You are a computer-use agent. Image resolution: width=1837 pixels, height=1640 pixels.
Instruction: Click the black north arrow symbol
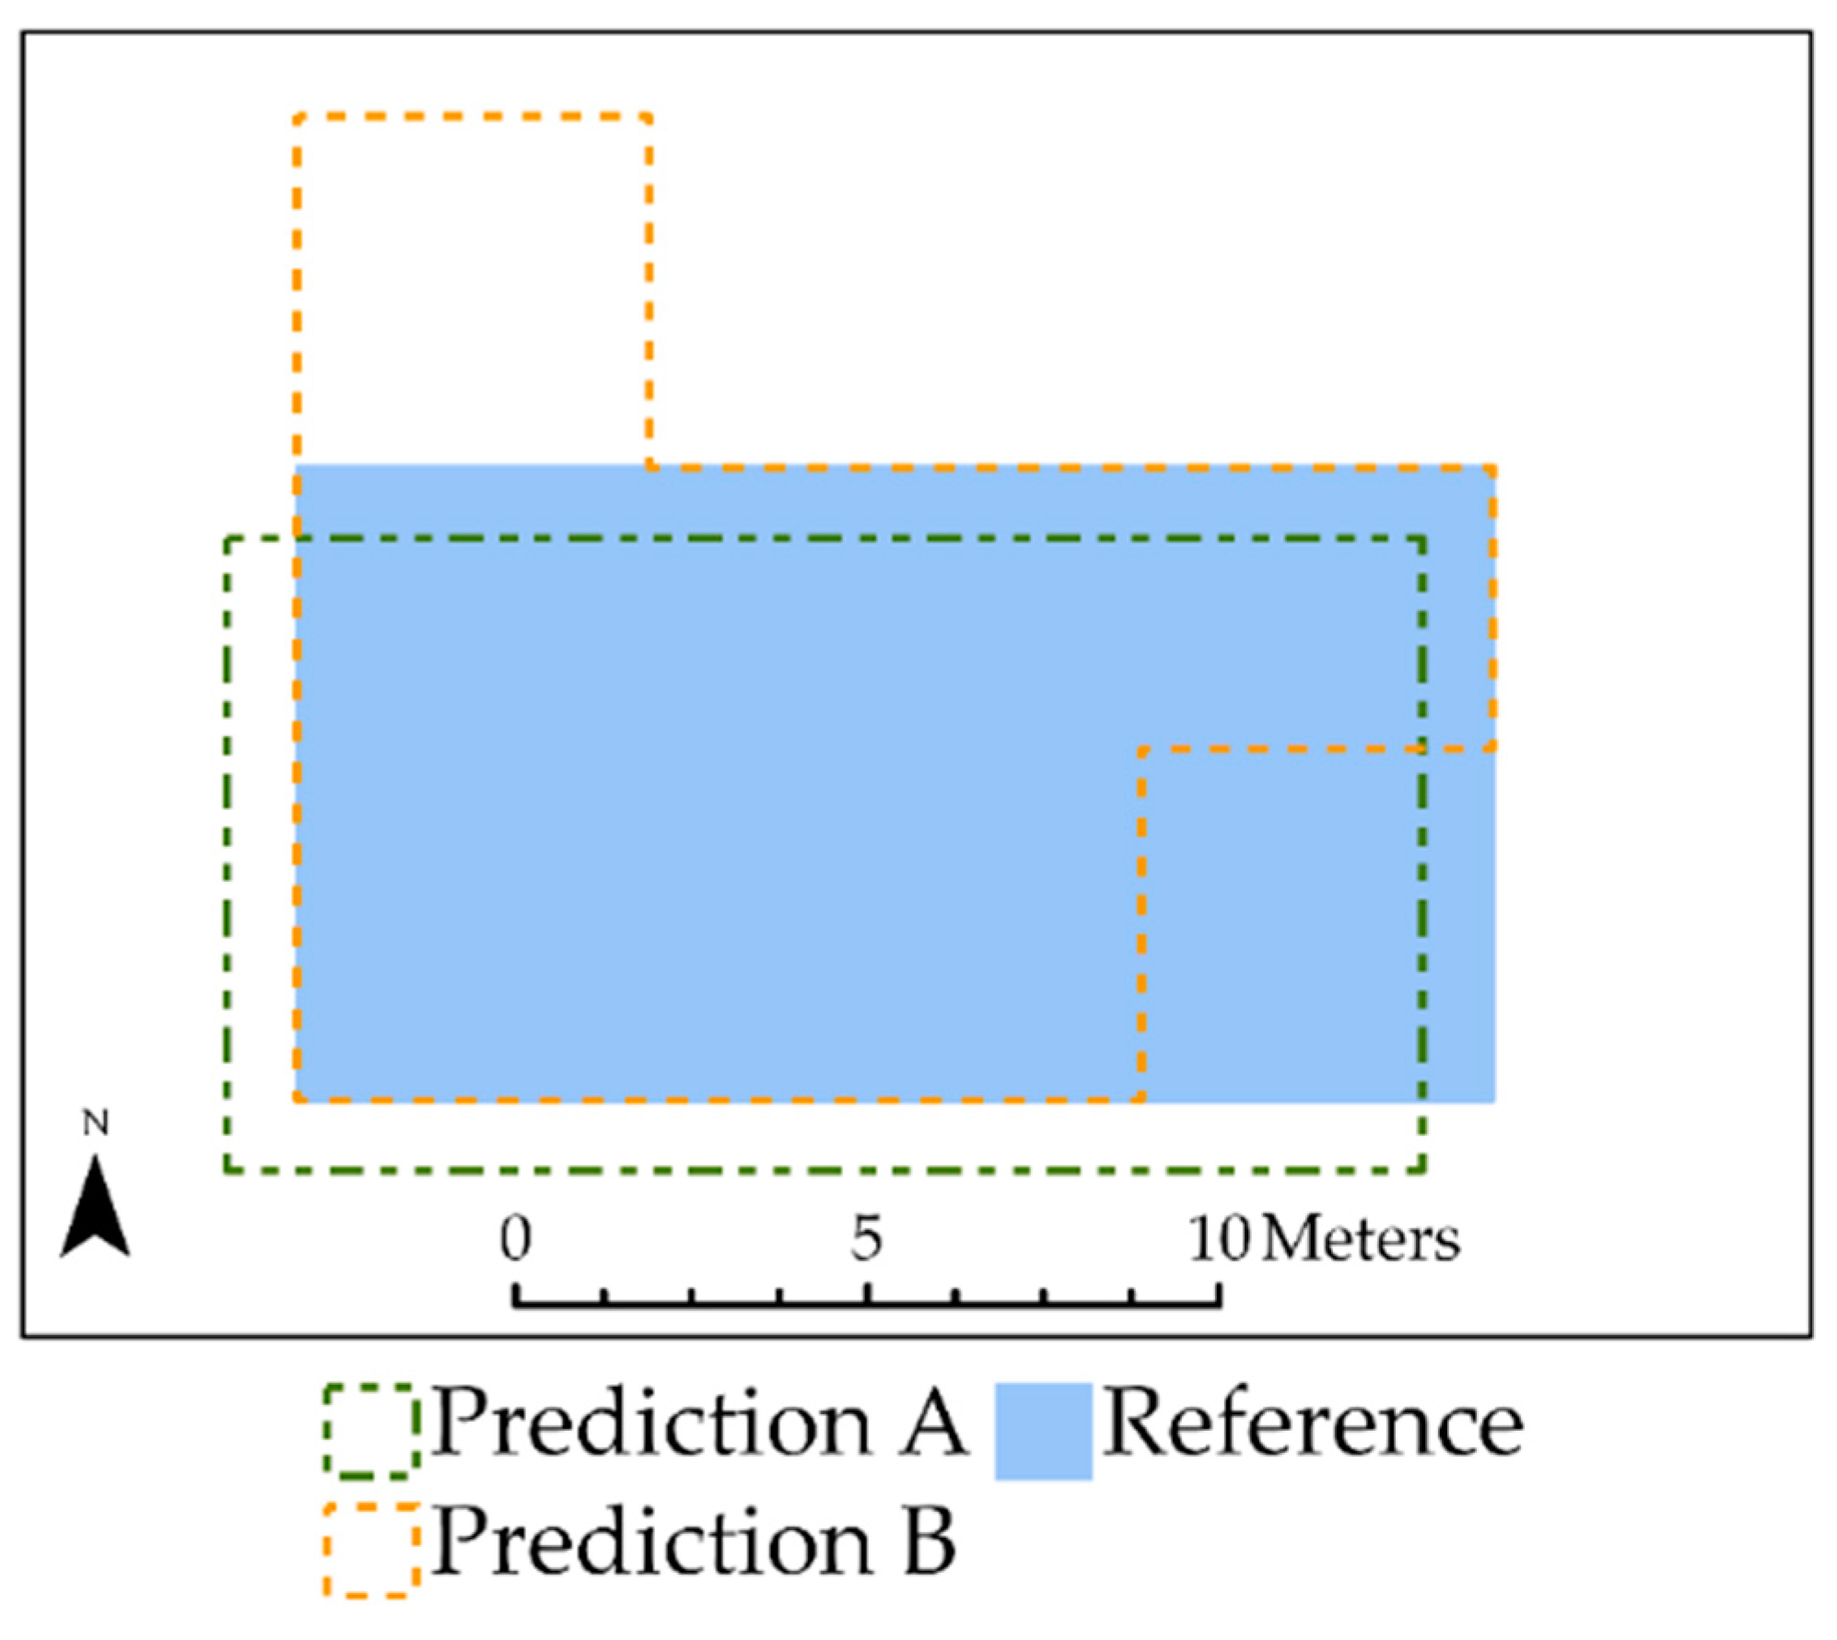click(95, 1209)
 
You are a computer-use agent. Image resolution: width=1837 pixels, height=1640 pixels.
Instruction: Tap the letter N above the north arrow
click(96, 1123)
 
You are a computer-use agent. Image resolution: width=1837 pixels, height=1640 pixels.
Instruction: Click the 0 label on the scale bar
click(516, 1237)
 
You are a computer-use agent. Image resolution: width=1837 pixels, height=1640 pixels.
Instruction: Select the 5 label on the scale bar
click(866, 1237)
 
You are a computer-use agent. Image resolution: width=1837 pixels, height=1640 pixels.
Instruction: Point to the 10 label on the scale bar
click(1218, 1237)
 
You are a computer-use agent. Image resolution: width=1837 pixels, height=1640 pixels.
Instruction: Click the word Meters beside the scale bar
click(1361, 1239)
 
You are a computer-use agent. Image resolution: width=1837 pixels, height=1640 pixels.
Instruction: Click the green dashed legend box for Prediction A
click(371, 1431)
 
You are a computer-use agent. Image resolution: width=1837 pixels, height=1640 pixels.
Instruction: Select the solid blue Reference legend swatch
click(1043, 1431)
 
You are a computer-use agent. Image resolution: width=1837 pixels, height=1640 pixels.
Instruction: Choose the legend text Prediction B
click(693, 1543)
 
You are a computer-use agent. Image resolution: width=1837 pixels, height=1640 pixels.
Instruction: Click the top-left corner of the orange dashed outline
click(297, 118)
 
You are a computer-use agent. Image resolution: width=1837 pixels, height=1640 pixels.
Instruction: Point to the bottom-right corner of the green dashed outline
click(1423, 1171)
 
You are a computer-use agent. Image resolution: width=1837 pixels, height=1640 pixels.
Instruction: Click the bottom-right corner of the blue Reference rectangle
click(1493, 1100)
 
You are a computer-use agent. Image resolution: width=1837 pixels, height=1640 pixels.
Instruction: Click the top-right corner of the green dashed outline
click(1423, 539)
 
